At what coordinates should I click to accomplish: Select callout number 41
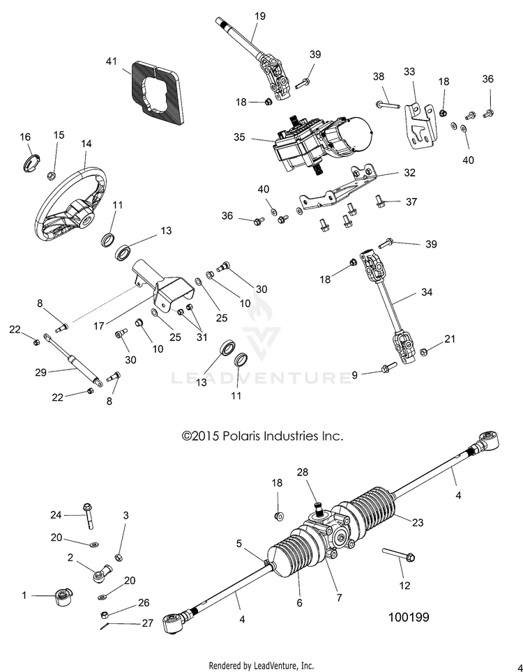pyautogui.click(x=112, y=62)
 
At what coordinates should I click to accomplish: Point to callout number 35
pyautogui.click(x=239, y=137)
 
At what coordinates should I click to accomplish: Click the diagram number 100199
pyautogui.click(x=409, y=617)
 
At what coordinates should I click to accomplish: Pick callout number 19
pyautogui.click(x=260, y=16)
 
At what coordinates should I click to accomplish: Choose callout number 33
pyautogui.click(x=409, y=72)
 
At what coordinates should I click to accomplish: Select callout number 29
pyautogui.click(x=40, y=372)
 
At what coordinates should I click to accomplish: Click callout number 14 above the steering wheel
pyautogui.click(x=86, y=144)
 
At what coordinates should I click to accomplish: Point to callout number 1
pyautogui.click(x=24, y=595)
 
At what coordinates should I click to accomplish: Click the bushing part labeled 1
pyautogui.click(x=64, y=597)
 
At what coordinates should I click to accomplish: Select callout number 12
pyautogui.click(x=404, y=586)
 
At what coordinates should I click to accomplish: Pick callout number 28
pyautogui.click(x=303, y=473)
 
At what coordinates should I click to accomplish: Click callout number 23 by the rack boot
pyautogui.click(x=418, y=522)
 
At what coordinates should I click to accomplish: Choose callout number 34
pyautogui.click(x=427, y=292)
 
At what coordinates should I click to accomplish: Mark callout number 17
pyautogui.click(x=99, y=326)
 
